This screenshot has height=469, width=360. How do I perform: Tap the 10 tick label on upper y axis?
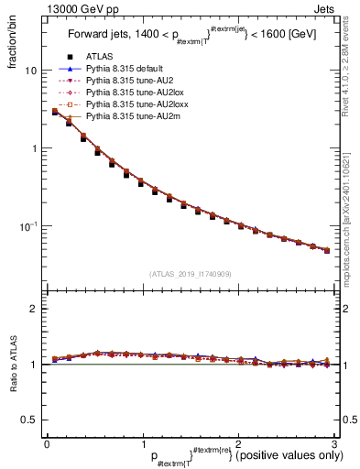30,71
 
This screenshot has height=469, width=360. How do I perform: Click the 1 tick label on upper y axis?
33,148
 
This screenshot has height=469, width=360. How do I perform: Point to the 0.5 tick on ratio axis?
29,420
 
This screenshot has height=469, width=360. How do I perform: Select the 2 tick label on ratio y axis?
33,309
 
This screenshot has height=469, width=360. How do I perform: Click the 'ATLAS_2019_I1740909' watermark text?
190,274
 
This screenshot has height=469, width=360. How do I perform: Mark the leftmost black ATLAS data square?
55,112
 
